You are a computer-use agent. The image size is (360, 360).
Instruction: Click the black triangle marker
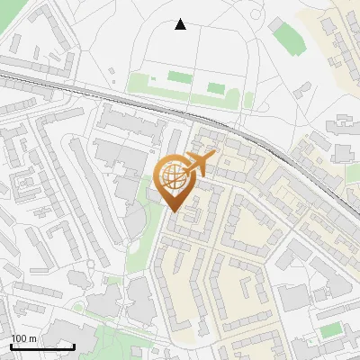click(180, 24)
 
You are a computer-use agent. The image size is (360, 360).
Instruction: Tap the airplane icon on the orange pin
click(198, 165)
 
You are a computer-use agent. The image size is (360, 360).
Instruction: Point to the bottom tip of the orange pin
click(175, 212)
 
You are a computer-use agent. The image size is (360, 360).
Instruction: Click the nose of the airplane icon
click(214, 156)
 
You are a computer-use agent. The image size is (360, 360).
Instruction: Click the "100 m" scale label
click(23, 338)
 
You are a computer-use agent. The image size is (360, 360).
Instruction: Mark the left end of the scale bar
click(10, 346)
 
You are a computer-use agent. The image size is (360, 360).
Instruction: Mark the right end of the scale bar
click(75, 346)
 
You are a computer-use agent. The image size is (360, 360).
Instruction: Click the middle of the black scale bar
click(42, 346)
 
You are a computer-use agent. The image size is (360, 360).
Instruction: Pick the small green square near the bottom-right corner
click(331, 330)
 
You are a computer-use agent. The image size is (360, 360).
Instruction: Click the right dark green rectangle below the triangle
click(216, 88)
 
